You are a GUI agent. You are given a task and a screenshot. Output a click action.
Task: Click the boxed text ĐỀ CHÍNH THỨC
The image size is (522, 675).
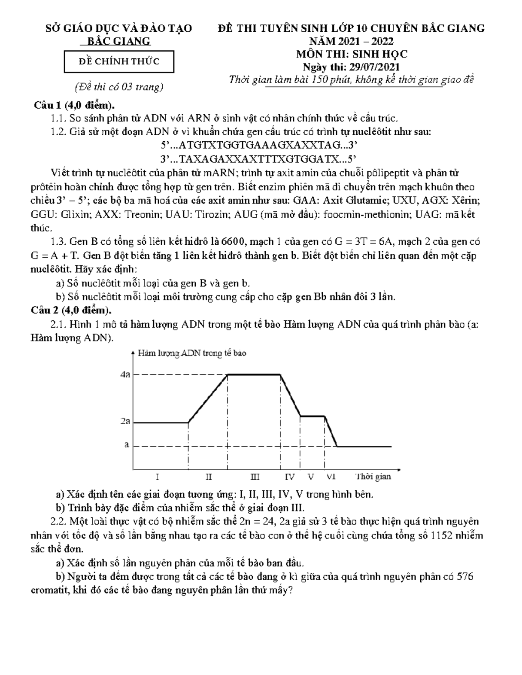pyautogui.click(x=119, y=61)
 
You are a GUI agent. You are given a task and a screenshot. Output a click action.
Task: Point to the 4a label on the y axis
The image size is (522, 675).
pyautogui.click(x=125, y=375)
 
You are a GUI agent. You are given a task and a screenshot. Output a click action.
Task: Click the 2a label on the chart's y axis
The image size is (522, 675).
pyautogui.click(x=125, y=421)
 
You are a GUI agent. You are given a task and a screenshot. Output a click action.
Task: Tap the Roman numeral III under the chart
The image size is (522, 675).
pyautogui.click(x=255, y=477)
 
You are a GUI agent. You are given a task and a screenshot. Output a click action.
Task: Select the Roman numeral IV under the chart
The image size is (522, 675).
pyautogui.click(x=290, y=477)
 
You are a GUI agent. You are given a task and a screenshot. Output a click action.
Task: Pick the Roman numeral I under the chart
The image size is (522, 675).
pyautogui.click(x=157, y=477)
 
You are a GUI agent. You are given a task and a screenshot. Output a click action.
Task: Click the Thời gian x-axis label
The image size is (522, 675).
pyautogui.click(x=373, y=476)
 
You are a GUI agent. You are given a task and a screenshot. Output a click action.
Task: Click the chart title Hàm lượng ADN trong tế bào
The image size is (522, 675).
pyautogui.click(x=192, y=353)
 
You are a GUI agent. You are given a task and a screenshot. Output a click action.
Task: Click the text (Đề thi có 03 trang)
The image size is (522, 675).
pyautogui.click(x=119, y=87)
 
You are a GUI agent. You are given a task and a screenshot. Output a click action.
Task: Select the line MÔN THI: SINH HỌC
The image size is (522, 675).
pyautogui.click(x=351, y=54)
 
